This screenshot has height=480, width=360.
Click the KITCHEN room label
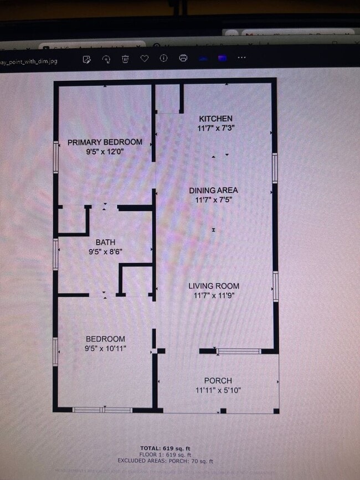(x=215, y=118)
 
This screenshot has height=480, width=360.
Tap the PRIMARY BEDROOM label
(x=105, y=142)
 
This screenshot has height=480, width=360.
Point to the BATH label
(x=105, y=242)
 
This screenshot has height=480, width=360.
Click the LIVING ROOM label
(x=214, y=286)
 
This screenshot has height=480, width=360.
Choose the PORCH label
(x=218, y=381)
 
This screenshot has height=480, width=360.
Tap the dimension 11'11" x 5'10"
(x=218, y=390)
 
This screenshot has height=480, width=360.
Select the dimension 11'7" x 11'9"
(x=214, y=296)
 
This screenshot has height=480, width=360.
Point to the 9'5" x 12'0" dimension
(x=105, y=151)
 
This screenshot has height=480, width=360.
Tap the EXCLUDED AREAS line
(x=165, y=461)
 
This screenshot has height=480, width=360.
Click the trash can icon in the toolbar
(x=126, y=59)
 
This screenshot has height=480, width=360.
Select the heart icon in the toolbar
(x=145, y=59)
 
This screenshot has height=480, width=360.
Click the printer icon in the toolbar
(x=183, y=58)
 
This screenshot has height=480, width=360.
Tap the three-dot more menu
(x=241, y=58)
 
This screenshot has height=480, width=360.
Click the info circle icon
(x=163, y=58)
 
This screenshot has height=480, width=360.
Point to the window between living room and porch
(x=238, y=351)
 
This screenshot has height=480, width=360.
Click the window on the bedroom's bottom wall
(x=102, y=410)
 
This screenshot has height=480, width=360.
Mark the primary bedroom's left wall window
(x=55, y=157)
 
